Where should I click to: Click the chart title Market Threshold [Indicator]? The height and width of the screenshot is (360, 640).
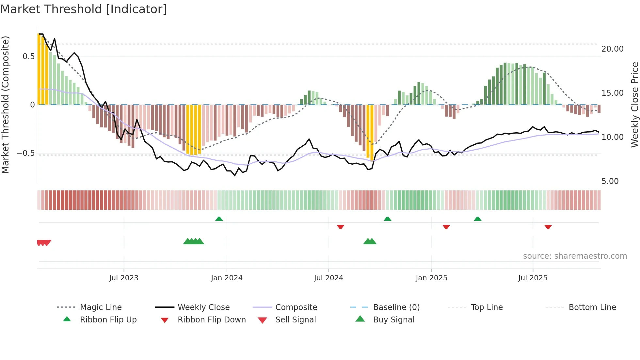point(84,9)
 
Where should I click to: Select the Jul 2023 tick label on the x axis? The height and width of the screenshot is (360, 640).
point(124,278)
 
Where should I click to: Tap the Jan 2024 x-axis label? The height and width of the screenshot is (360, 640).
point(227,278)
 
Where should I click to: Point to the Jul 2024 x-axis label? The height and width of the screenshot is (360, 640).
point(328,278)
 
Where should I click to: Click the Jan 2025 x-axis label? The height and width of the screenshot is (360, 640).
point(431,278)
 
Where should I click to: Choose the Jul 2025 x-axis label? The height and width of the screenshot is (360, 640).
point(533,278)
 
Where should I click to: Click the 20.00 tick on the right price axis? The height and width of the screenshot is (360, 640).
point(612,49)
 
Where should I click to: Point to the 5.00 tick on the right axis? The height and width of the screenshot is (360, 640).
point(610,181)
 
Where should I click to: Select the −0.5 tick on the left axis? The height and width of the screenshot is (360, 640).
point(26,153)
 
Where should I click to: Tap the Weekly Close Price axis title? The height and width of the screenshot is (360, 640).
point(634,105)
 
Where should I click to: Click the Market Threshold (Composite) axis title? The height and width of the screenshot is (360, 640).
point(5,105)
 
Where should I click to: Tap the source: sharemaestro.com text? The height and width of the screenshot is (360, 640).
point(575,256)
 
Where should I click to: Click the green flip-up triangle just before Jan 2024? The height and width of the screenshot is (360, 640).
point(219,219)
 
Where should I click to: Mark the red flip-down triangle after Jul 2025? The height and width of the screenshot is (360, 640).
point(548,227)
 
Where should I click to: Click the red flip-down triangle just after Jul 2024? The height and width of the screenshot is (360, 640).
point(340,227)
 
